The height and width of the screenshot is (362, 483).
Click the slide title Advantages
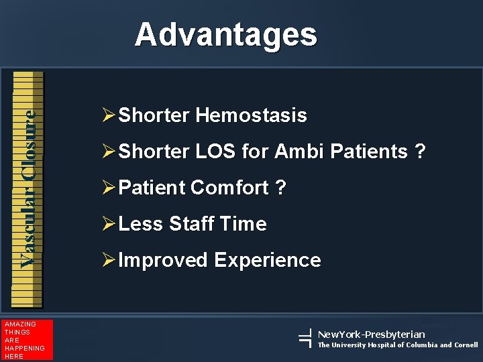coord(225,34)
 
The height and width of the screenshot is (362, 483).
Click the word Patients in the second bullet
coord(368,152)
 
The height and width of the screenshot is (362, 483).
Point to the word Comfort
coord(229,188)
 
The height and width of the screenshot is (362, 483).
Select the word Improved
coord(163,260)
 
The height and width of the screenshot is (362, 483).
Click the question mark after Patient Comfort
coord(281,188)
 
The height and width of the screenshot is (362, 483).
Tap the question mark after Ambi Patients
coord(420,152)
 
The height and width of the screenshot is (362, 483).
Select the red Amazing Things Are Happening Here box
coord(26,341)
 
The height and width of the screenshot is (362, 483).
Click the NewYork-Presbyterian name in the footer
coord(371,334)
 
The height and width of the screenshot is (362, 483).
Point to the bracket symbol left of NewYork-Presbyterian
coord(305,339)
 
